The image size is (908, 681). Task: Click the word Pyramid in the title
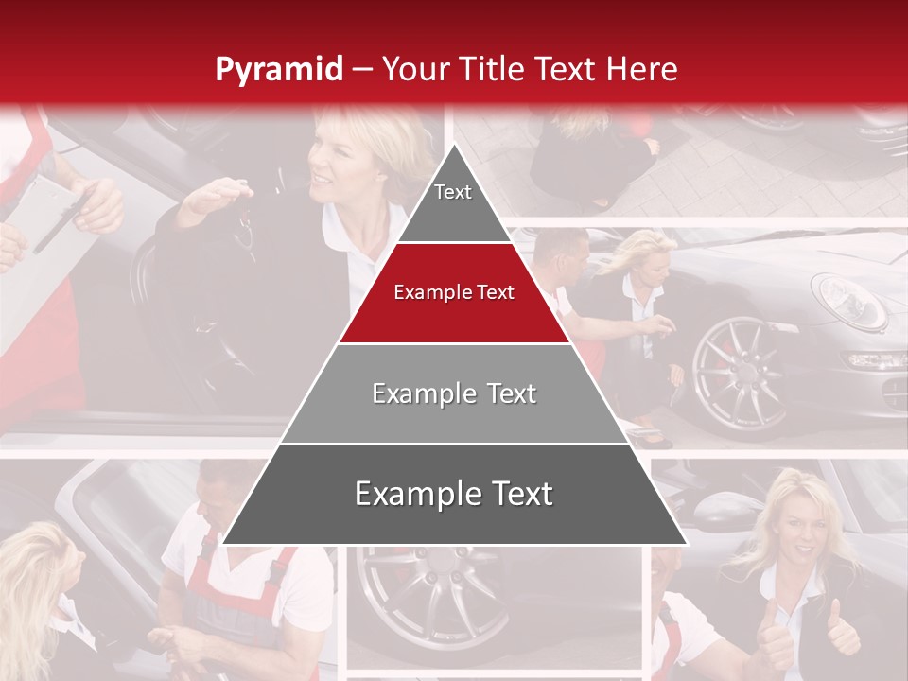279,69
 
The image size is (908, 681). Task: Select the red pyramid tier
454,303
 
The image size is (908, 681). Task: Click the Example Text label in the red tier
454,292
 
